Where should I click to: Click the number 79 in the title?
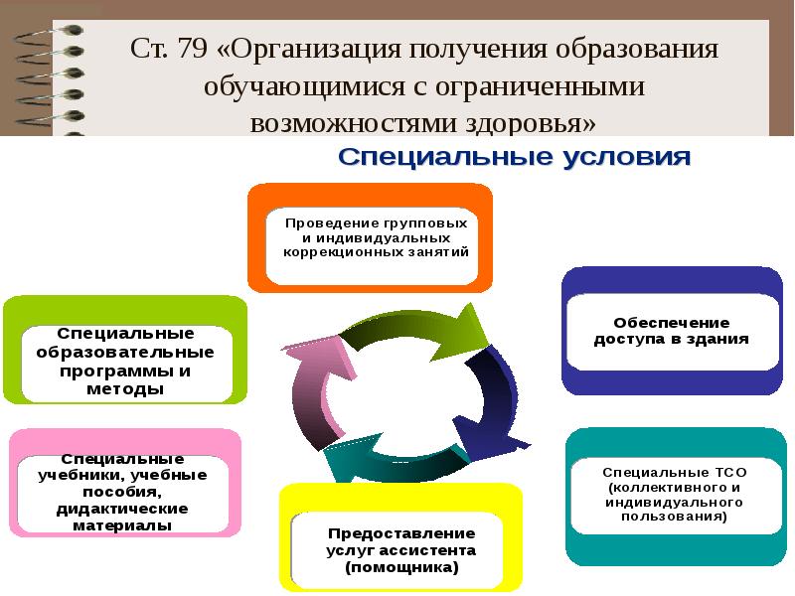pyautogui.click(x=196, y=50)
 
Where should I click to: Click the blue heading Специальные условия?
pyautogui.click(x=514, y=158)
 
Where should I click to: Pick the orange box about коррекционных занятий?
pyautogui.click(x=370, y=237)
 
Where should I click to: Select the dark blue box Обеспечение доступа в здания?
pyautogui.click(x=672, y=331)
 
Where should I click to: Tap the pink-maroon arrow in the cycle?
pyautogui.click(x=318, y=387)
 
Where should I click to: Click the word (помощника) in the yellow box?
pyautogui.click(x=401, y=568)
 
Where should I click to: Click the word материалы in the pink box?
pyautogui.click(x=125, y=525)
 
